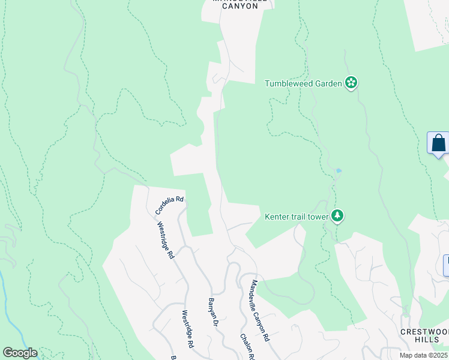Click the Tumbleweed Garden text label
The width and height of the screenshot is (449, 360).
coord(304,83)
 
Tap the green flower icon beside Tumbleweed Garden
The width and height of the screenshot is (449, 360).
coord(352,83)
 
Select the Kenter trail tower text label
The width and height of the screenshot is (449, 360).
coord(297,216)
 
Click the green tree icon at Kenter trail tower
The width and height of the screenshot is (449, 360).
coord(337,215)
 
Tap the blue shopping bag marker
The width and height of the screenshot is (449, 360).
coord(439,143)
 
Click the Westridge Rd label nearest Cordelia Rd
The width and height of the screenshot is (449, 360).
coord(166,241)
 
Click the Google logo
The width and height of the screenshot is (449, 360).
coord(19,353)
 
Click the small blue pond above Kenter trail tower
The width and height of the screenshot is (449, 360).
coord(339,171)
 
